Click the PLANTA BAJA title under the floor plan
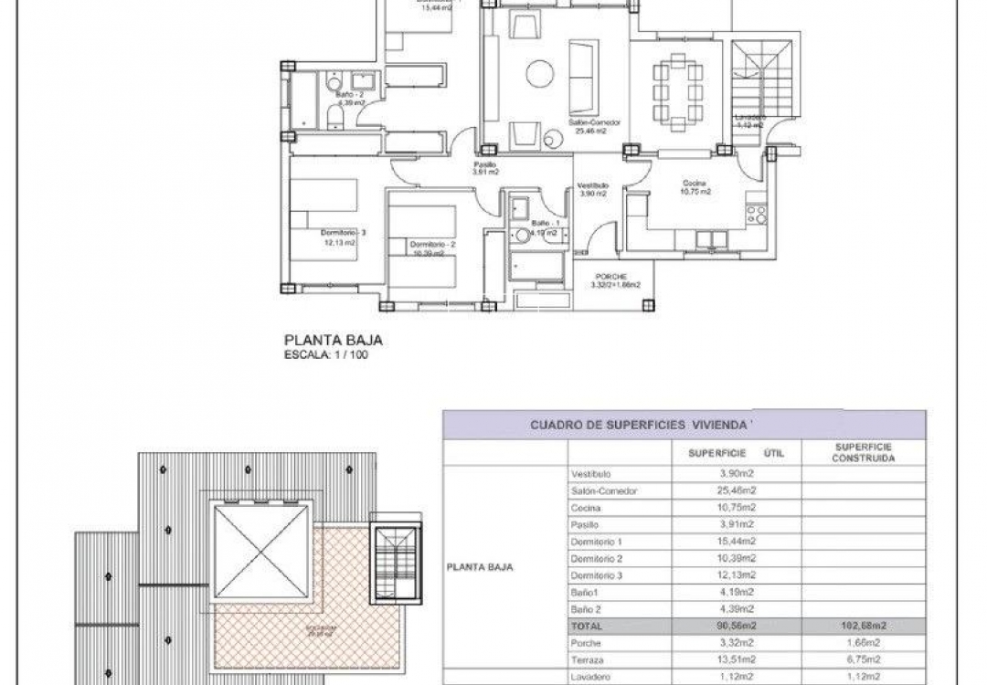332,341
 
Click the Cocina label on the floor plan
695,184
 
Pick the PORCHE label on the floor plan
610,277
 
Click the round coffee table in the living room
539,73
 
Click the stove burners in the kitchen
757,216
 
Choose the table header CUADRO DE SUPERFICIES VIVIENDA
642,425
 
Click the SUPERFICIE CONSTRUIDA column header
863,452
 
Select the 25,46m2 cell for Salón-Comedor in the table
738,490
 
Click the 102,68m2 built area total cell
863,627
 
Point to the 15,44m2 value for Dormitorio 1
738,542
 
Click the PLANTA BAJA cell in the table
480,566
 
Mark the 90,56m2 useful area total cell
738,627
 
